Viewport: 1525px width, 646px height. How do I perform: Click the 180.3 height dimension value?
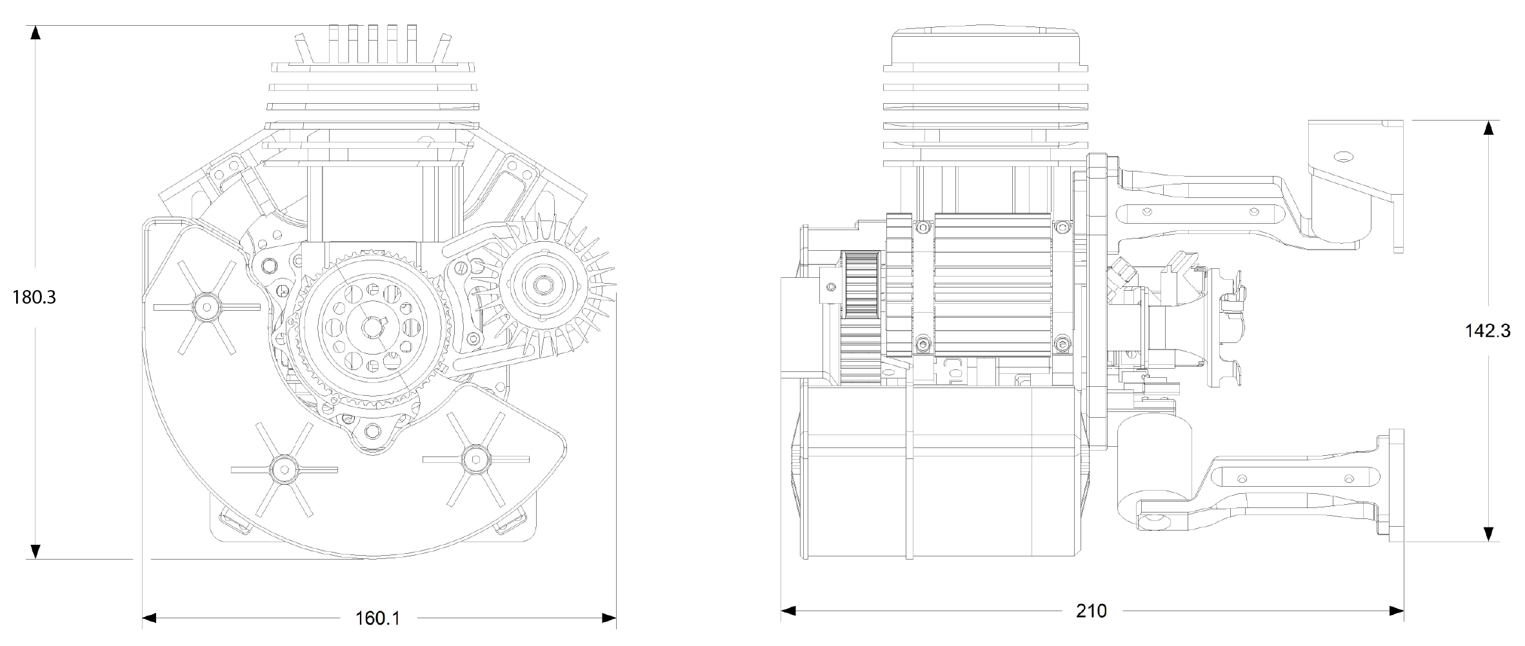coord(34,297)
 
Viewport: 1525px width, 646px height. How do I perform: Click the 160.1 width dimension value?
coord(377,618)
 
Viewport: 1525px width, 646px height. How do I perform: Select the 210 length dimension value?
coord(1091,611)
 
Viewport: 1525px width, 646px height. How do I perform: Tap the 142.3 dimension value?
coord(1488,331)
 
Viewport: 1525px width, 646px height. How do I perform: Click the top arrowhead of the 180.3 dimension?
coord(36,33)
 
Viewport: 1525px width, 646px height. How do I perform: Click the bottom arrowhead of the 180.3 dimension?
coord(36,551)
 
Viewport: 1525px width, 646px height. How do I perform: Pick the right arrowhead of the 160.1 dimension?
coord(608,618)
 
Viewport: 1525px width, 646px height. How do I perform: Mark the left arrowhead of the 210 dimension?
coord(788,611)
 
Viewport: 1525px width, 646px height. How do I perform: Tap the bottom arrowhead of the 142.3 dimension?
coord(1488,534)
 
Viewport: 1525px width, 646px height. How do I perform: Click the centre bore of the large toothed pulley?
coord(372,328)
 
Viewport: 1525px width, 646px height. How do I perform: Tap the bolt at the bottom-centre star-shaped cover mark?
coord(283,467)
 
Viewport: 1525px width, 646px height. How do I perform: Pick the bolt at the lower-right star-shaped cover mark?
coord(475,457)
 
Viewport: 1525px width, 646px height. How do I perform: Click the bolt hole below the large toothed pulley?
coord(372,430)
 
